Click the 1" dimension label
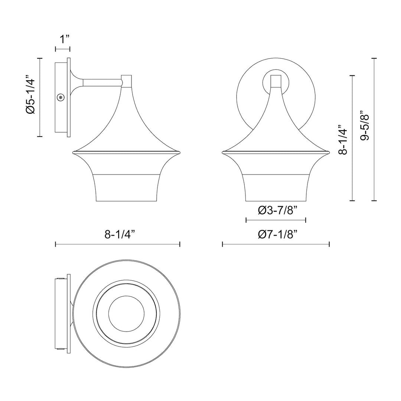tap(63, 39)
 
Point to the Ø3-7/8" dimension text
tap(276, 211)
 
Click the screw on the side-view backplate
tap(61, 97)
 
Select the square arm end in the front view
tap(276, 81)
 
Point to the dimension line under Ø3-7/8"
tap(276, 220)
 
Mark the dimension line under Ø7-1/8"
tap(276, 244)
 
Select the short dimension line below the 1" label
tap(63, 49)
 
